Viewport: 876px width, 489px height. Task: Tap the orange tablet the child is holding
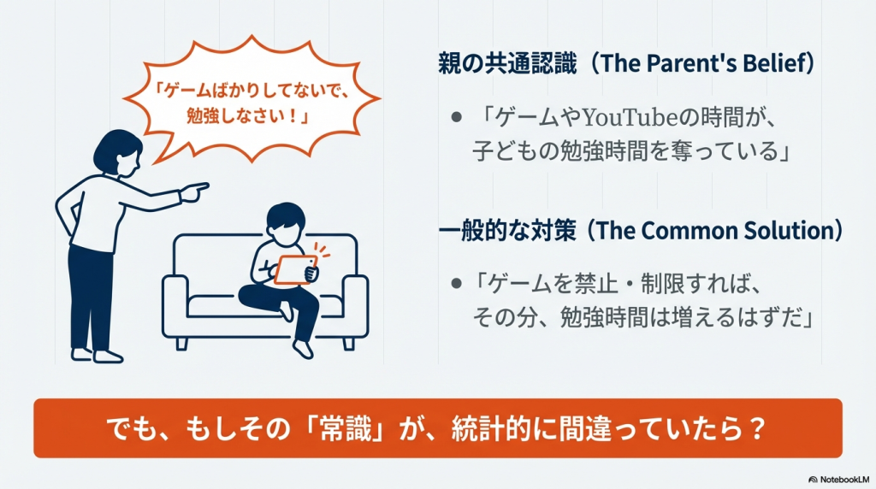295,269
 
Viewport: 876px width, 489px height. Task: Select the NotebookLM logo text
844,480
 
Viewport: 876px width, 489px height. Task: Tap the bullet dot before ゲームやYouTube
457,117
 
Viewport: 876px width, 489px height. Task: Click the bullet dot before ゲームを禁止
457,284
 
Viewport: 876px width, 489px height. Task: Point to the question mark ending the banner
757,428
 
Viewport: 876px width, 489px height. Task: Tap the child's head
286,223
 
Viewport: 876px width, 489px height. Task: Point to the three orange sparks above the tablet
322,250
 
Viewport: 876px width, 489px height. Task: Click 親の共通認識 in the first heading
506,63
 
